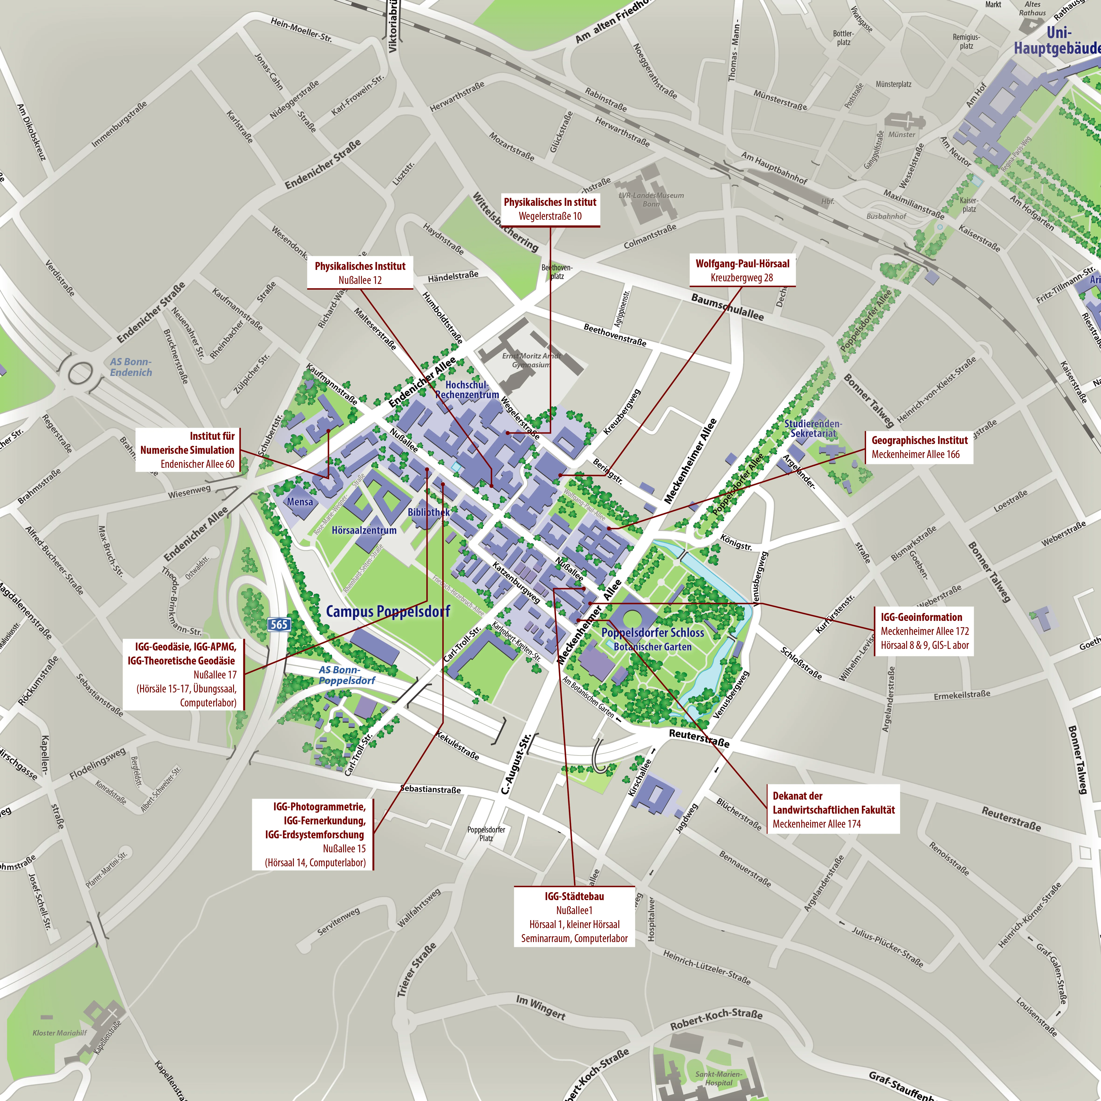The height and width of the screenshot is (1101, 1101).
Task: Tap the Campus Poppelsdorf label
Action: pos(388,612)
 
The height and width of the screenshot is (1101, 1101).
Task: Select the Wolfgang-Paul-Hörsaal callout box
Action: pos(742,271)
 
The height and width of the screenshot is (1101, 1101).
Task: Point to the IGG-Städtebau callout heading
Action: pos(574,896)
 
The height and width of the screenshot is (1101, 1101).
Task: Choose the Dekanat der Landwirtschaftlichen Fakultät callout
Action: pos(833,809)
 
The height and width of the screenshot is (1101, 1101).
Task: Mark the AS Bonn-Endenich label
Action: pos(131,367)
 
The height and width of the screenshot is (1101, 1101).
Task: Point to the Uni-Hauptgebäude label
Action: pos(1057,41)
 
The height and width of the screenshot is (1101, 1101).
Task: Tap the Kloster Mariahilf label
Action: pos(60,1033)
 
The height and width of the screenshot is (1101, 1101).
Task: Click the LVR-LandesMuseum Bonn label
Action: pos(651,200)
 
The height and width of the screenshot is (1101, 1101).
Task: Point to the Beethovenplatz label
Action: pos(557,272)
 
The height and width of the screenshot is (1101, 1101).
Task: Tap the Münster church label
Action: pos(901,134)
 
